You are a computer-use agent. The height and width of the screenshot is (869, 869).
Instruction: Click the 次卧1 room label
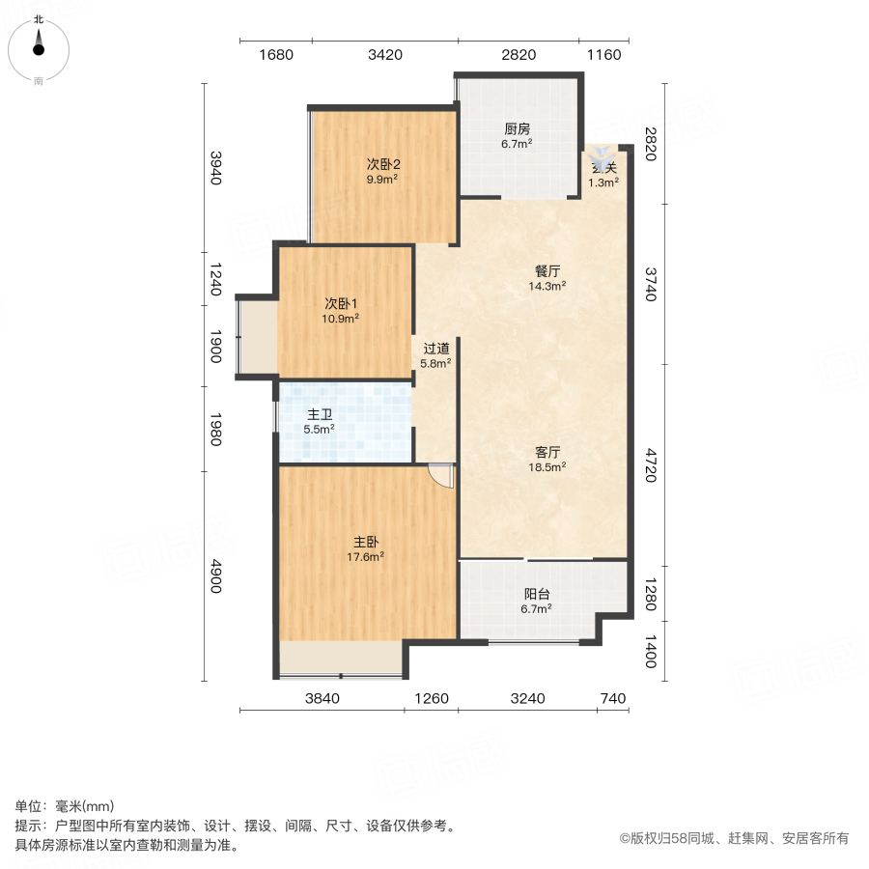pyautogui.click(x=342, y=301)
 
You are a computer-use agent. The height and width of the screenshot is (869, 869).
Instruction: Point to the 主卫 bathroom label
pyautogui.click(x=320, y=414)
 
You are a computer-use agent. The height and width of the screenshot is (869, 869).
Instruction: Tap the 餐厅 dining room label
pyautogui.click(x=547, y=271)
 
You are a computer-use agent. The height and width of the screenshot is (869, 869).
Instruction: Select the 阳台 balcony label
pyautogui.click(x=536, y=595)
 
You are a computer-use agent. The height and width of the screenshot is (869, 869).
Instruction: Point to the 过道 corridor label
pyautogui.click(x=435, y=349)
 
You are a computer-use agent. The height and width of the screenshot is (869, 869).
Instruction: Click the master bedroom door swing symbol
pyautogui.click(x=441, y=476)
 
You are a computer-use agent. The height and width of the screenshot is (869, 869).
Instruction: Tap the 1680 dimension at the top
pyautogui.click(x=275, y=55)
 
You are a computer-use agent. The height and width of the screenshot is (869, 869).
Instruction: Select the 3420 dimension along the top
pyautogui.click(x=384, y=55)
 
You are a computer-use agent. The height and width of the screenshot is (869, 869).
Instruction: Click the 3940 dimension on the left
pyautogui.click(x=216, y=168)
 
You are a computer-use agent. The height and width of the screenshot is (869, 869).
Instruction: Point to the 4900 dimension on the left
pyautogui.click(x=216, y=575)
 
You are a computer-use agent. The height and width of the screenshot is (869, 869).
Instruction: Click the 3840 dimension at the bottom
pyautogui.click(x=322, y=699)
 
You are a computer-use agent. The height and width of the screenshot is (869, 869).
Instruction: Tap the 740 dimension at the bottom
pyautogui.click(x=612, y=699)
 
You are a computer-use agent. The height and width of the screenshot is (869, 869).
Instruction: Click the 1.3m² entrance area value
pyautogui.click(x=603, y=182)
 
